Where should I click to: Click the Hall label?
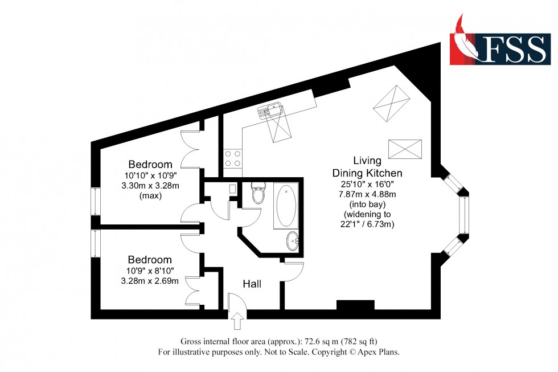pyautogui.click(x=252, y=284)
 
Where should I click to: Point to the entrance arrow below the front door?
pyautogui.click(x=237, y=323)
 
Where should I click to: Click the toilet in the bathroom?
pyautogui.click(x=258, y=194)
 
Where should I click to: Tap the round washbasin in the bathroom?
pyautogui.click(x=292, y=240)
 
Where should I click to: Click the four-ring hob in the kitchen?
pyautogui.click(x=232, y=158)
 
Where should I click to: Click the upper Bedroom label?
pyautogui.click(x=150, y=165)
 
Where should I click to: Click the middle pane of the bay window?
pyautogui.click(x=465, y=217)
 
